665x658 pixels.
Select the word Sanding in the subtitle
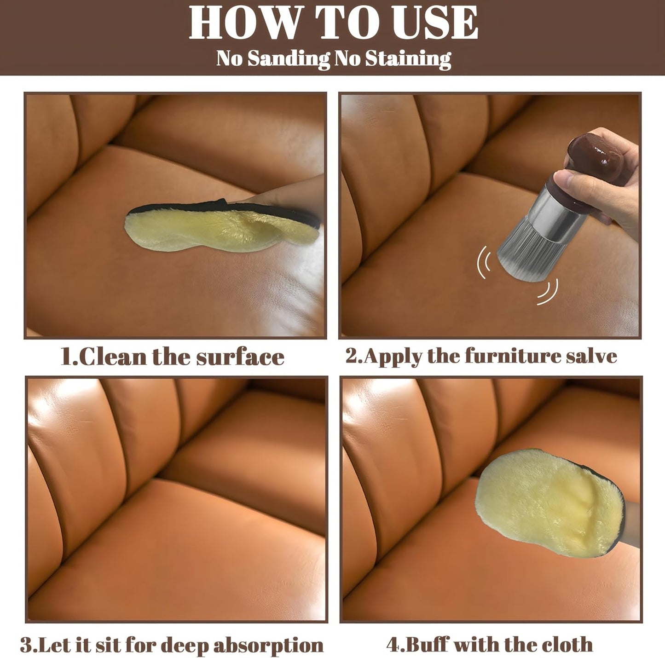pos(288,58)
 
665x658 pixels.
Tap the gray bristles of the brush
pos(524,257)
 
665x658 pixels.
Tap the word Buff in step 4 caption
pos(426,644)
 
